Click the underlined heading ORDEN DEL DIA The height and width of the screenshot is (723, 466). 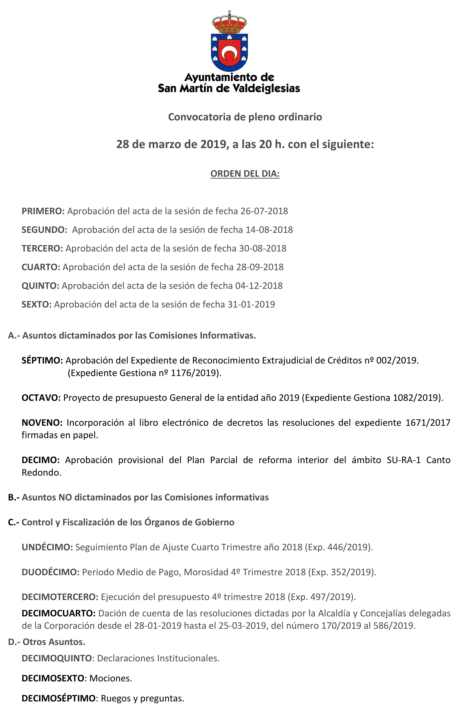point(245,174)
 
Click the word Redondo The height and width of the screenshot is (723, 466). point(41,473)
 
